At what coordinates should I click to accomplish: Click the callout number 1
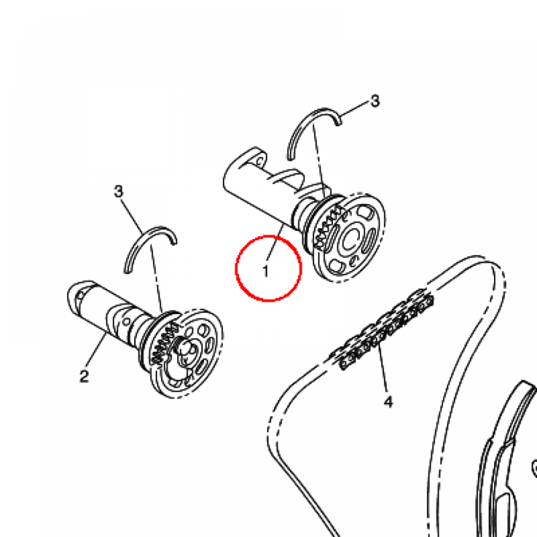pos(265,271)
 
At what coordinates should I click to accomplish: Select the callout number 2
pos(84,375)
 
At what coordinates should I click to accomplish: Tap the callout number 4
pos(388,401)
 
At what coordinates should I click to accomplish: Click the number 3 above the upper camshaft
pos(375,101)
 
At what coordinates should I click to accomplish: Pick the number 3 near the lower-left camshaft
pos(118,191)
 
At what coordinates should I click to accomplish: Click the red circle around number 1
pos(236,268)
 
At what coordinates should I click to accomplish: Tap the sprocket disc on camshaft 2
pos(185,353)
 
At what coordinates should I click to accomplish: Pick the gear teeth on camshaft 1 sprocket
pos(329,227)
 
